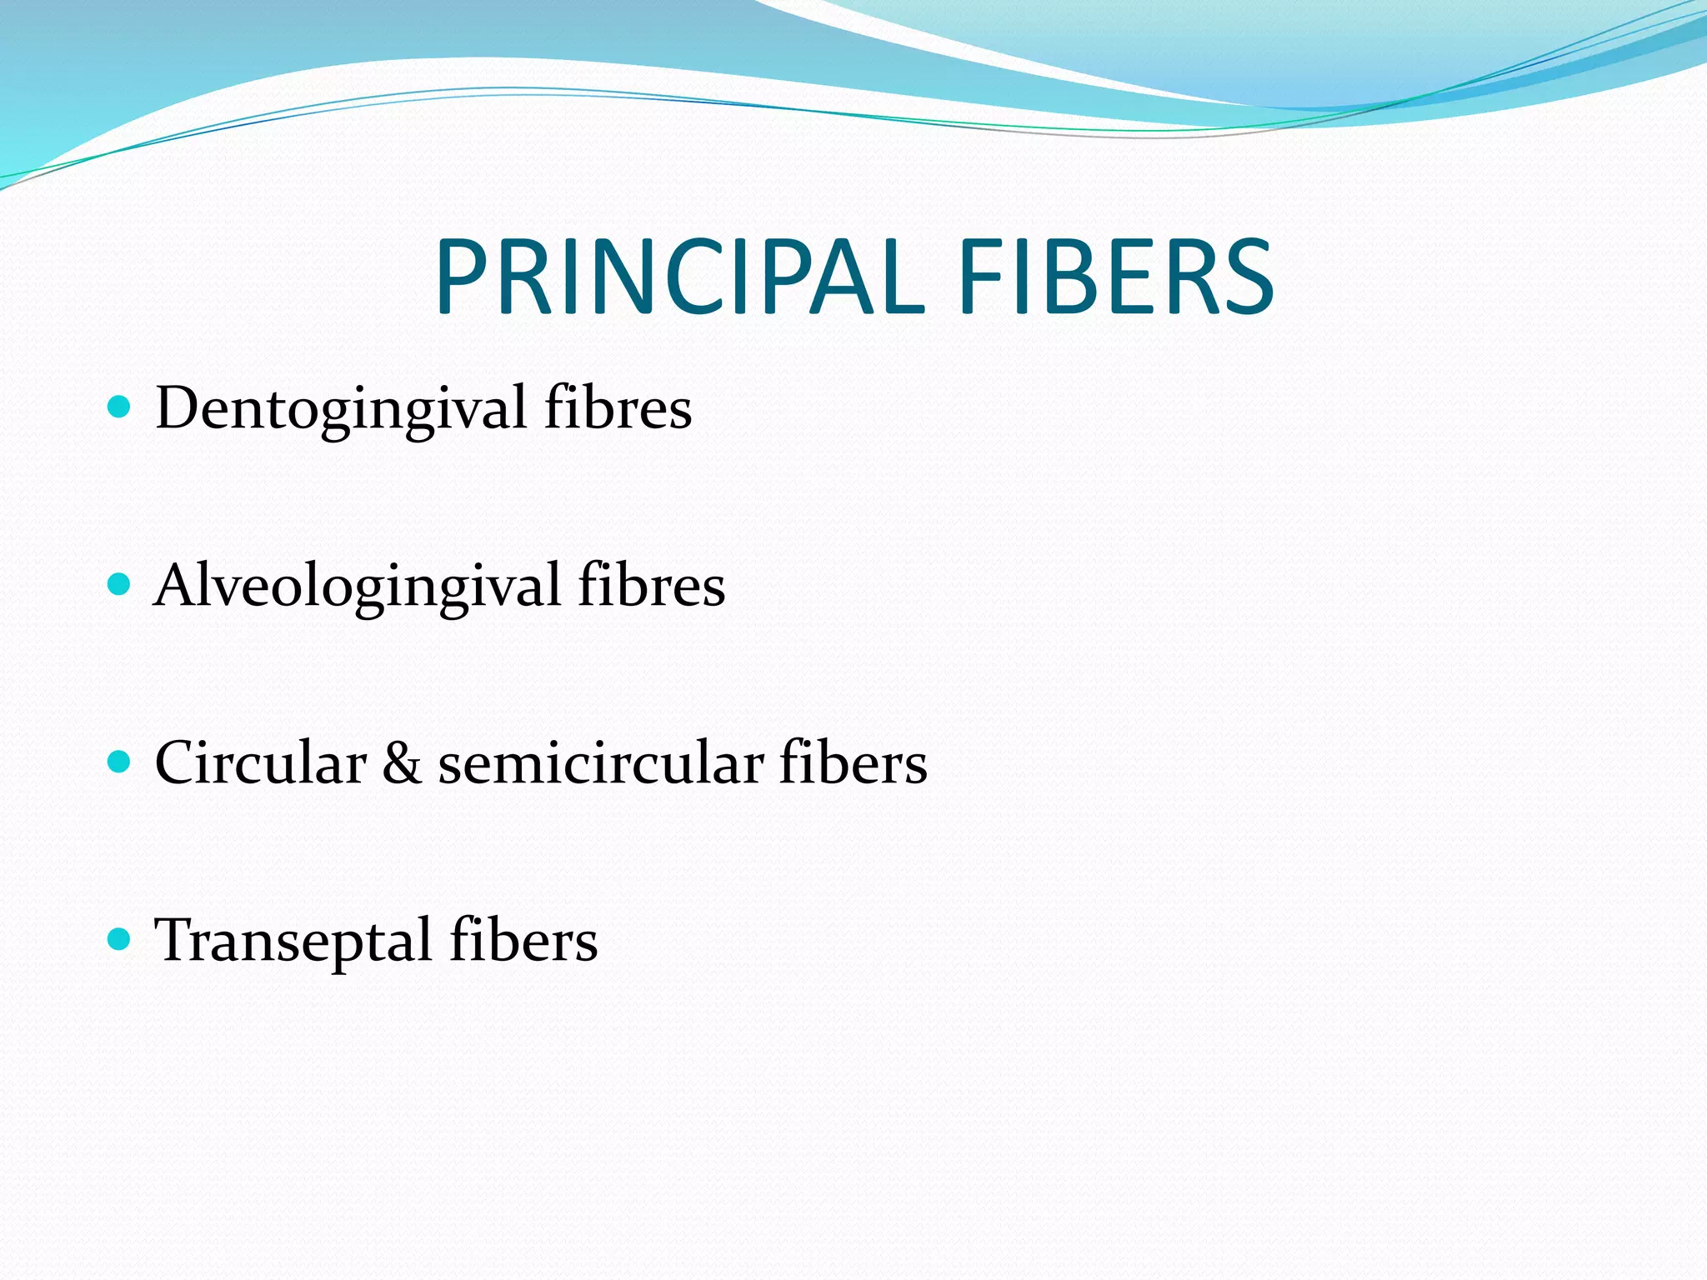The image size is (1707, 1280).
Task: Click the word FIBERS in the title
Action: pyautogui.click(x=1116, y=277)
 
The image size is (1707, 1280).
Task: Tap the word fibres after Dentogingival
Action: pyautogui.click(x=618, y=408)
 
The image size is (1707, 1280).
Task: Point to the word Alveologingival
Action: pyautogui.click(x=358, y=587)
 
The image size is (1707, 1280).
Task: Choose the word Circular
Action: pyautogui.click(x=260, y=762)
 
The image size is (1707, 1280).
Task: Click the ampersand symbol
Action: pyautogui.click(x=402, y=764)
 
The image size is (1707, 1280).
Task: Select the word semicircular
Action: pyautogui.click(x=600, y=762)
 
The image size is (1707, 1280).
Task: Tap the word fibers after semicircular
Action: pyautogui.click(x=853, y=762)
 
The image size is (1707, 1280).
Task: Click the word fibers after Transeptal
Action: pyautogui.click(x=523, y=940)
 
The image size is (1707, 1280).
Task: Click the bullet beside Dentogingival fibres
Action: pyautogui.click(x=120, y=407)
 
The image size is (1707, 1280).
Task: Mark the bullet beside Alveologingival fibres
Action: pyautogui.click(x=120, y=584)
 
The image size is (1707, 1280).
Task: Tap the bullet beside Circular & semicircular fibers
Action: pyautogui.click(x=120, y=762)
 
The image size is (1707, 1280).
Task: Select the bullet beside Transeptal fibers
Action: pyautogui.click(x=120, y=939)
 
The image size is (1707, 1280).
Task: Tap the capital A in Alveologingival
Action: pyautogui.click(x=178, y=585)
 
